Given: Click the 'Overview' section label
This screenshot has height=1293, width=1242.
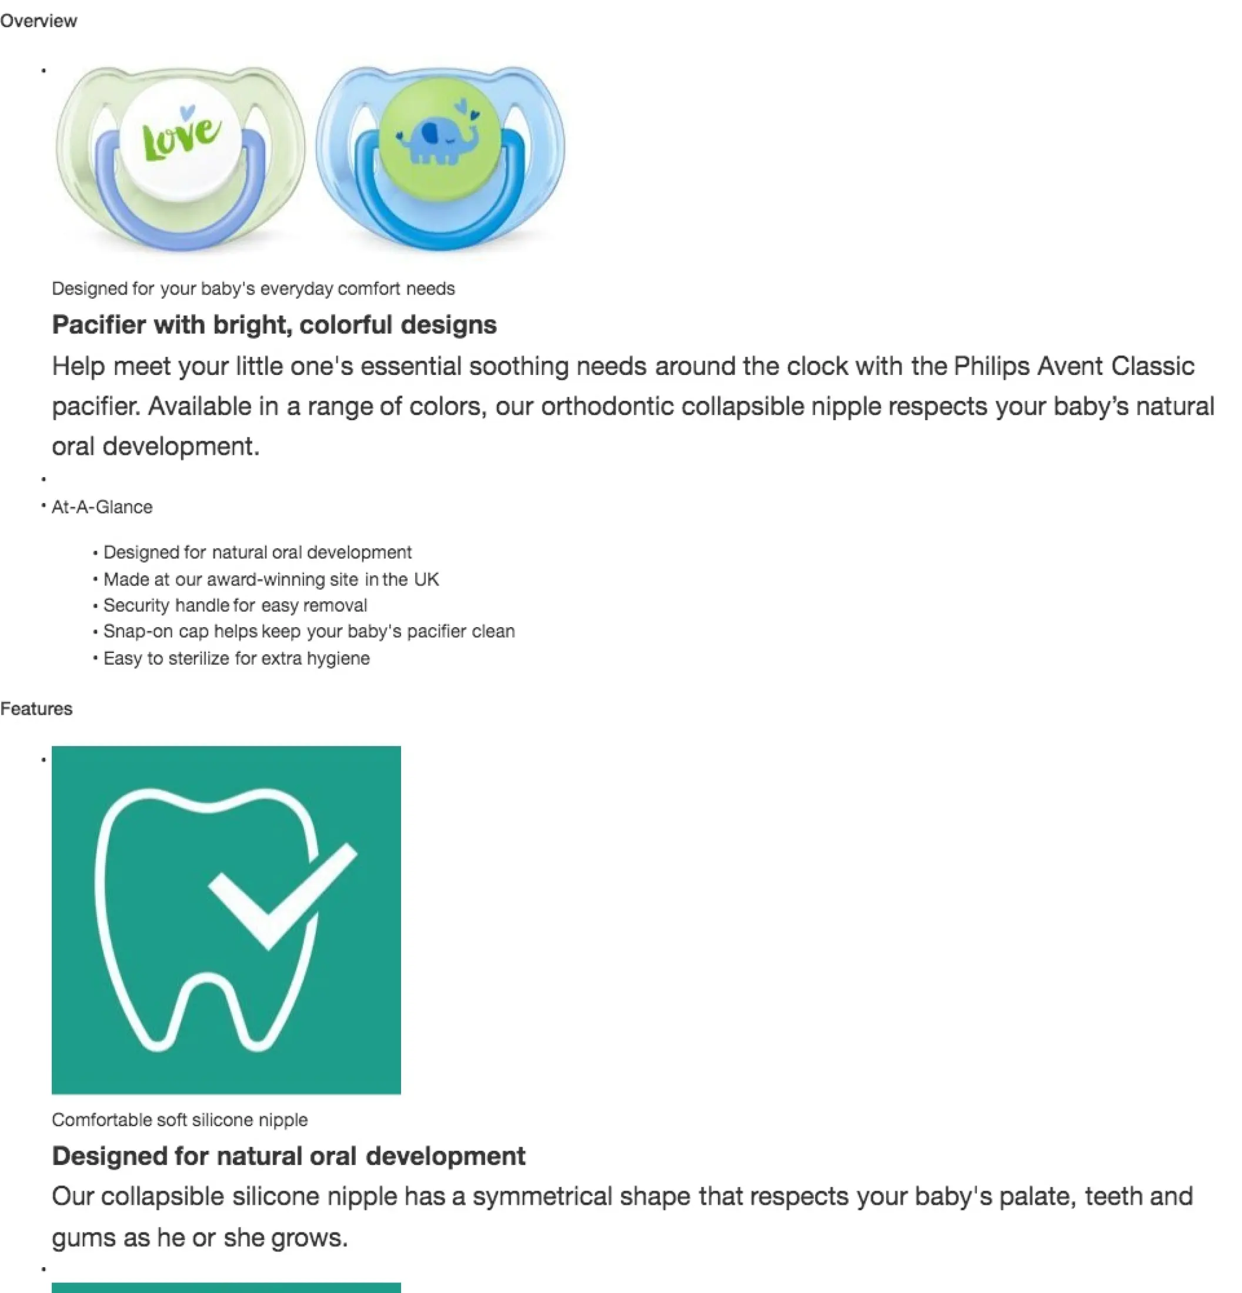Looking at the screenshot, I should pos(38,21).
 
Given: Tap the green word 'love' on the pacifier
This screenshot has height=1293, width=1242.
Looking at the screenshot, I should pos(181,139).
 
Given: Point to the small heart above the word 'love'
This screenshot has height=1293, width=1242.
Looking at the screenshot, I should pos(188,112).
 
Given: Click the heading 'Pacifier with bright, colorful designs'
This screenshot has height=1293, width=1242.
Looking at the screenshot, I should pos(274,324).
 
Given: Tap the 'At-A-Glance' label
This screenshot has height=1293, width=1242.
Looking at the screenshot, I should pos(102,507).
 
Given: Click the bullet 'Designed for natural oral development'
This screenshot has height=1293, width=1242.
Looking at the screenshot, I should pos(258,552).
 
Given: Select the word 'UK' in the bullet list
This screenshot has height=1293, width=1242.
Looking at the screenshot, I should pos(426,579).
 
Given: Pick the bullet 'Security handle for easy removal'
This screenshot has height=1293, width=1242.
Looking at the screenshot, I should pos(235,605).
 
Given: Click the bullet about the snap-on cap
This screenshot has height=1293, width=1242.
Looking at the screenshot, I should pos(309,631).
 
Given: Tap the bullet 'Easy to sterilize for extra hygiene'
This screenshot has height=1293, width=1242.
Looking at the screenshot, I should pos(236,658).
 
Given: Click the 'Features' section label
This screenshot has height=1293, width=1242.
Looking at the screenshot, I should pos(36,709).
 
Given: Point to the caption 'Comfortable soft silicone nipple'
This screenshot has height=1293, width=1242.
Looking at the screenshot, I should pos(179,1120).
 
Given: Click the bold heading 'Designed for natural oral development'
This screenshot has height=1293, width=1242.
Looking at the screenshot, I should pos(288,1157).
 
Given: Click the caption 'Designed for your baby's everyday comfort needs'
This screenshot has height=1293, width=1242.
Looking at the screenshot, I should pos(253,289).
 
